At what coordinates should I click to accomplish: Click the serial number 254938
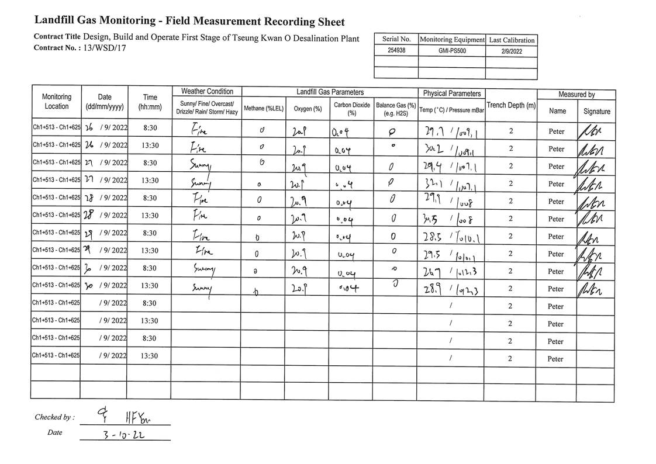[396, 51]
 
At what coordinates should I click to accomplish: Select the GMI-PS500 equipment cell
[451, 51]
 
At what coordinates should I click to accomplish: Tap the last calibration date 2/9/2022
[511, 51]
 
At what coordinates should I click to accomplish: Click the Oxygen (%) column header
[308, 109]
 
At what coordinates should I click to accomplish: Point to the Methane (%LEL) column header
[263, 109]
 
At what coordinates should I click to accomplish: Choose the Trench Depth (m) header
[510, 105]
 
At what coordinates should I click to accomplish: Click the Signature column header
[596, 111]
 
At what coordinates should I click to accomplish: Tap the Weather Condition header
[207, 92]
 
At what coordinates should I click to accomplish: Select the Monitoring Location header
[57, 102]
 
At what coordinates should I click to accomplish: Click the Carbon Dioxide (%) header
[352, 109]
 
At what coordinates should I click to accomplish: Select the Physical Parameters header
[452, 94]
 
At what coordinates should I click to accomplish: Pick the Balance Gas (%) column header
[396, 109]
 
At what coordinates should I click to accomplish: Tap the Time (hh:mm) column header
[150, 102]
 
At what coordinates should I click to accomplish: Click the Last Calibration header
[511, 40]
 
